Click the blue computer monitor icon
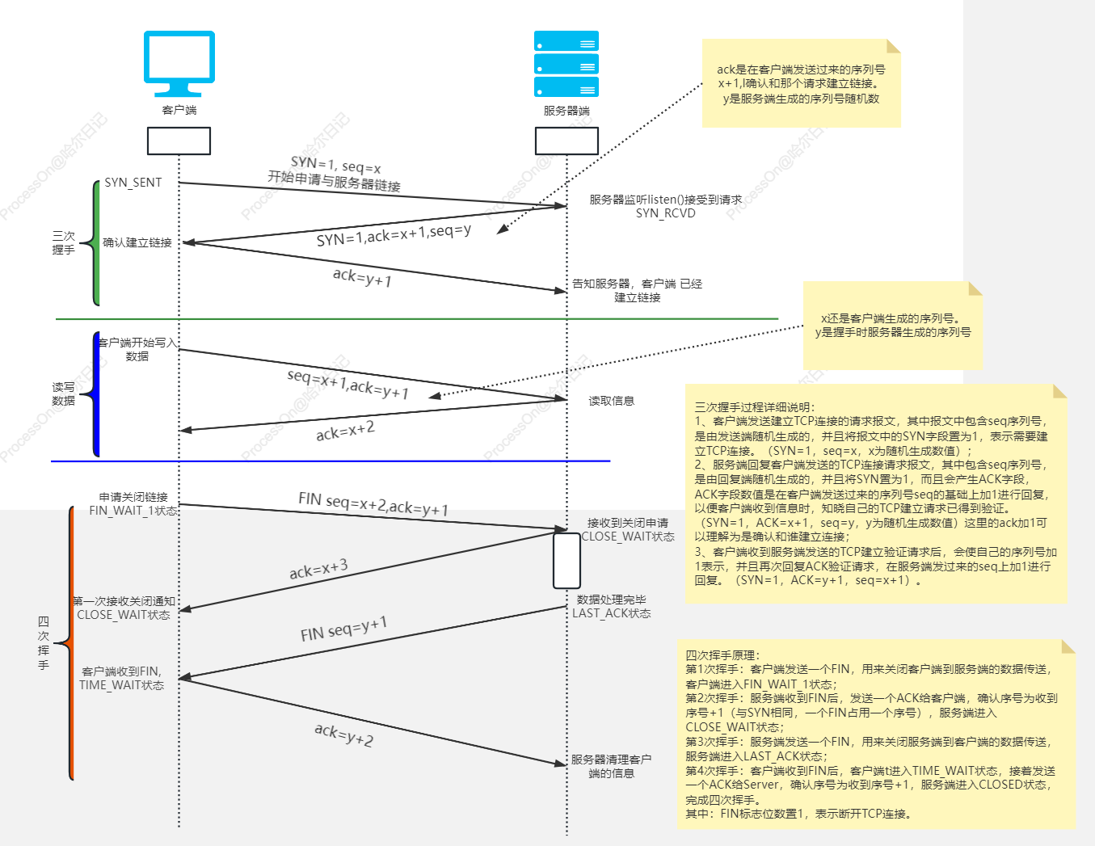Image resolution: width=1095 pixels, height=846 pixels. (x=179, y=63)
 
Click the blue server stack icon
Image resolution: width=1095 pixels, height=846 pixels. (x=566, y=64)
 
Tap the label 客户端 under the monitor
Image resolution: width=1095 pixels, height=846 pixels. (x=179, y=110)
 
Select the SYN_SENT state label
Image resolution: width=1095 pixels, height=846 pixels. (x=133, y=183)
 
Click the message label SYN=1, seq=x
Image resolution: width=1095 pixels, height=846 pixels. (x=335, y=166)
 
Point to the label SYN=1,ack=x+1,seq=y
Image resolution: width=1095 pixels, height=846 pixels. (x=394, y=235)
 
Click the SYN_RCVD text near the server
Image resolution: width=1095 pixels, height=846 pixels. (x=665, y=213)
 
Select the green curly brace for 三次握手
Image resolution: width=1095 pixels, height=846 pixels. (x=95, y=243)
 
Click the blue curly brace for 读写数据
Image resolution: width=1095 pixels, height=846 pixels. (x=95, y=394)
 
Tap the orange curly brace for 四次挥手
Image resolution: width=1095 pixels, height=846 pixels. (x=70, y=643)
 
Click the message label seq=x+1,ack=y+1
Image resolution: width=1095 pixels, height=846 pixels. (x=347, y=385)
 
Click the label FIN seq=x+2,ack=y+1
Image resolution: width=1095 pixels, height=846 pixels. (x=373, y=504)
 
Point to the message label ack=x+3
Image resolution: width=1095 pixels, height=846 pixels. (x=318, y=569)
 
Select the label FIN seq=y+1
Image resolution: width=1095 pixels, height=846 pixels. (x=343, y=629)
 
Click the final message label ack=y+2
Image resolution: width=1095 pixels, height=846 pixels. (x=343, y=734)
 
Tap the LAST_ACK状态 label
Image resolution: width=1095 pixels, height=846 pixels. (x=611, y=613)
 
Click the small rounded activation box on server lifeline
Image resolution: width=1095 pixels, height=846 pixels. (x=566, y=561)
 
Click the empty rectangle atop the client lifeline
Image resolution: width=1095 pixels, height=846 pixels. (x=179, y=141)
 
